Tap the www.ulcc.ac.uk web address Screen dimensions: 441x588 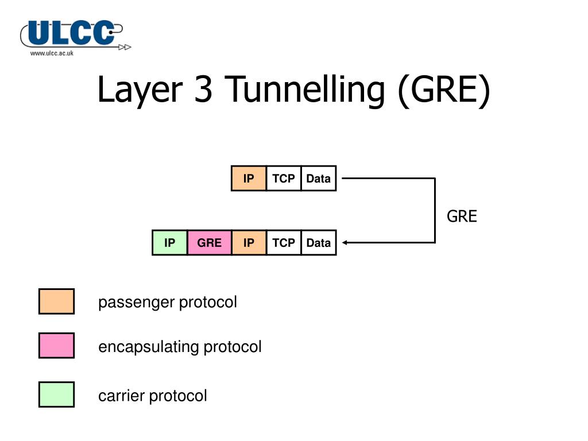coord(52,53)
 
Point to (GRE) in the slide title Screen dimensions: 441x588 coord(443,90)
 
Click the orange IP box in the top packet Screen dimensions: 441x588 coord(249,179)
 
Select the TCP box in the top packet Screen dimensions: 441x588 coord(284,179)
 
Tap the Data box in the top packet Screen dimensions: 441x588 coord(319,179)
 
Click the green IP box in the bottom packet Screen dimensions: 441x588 coord(170,243)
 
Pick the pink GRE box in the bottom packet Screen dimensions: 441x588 coord(210,243)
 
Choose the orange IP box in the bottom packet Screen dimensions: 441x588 coord(249,243)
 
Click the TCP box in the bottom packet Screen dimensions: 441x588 coord(284,243)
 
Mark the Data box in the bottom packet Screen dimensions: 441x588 coord(319,243)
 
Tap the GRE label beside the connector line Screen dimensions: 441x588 coord(462,216)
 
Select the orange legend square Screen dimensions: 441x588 coord(56,301)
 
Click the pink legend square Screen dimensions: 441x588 coord(56,346)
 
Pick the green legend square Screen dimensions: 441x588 coord(56,394)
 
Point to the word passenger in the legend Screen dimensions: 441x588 coord(137,303)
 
